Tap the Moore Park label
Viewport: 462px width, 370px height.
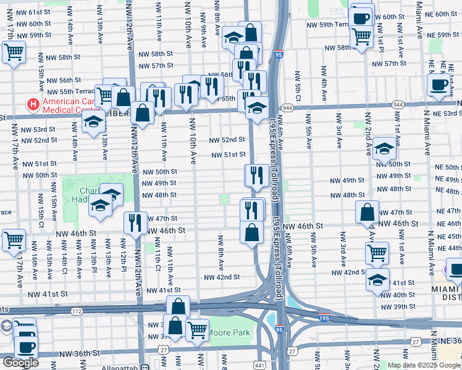[232, 333]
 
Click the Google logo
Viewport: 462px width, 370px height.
[20, 363]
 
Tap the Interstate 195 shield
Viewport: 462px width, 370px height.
[324, 318]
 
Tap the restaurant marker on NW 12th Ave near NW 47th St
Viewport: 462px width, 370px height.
[135, 222]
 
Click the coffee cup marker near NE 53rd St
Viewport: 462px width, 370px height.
[439, 84]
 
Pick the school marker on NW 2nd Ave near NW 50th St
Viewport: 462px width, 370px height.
[384, 148]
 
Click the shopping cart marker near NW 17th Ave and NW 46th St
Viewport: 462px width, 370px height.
[13, 240]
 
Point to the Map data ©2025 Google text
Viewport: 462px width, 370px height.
[424, 365]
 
